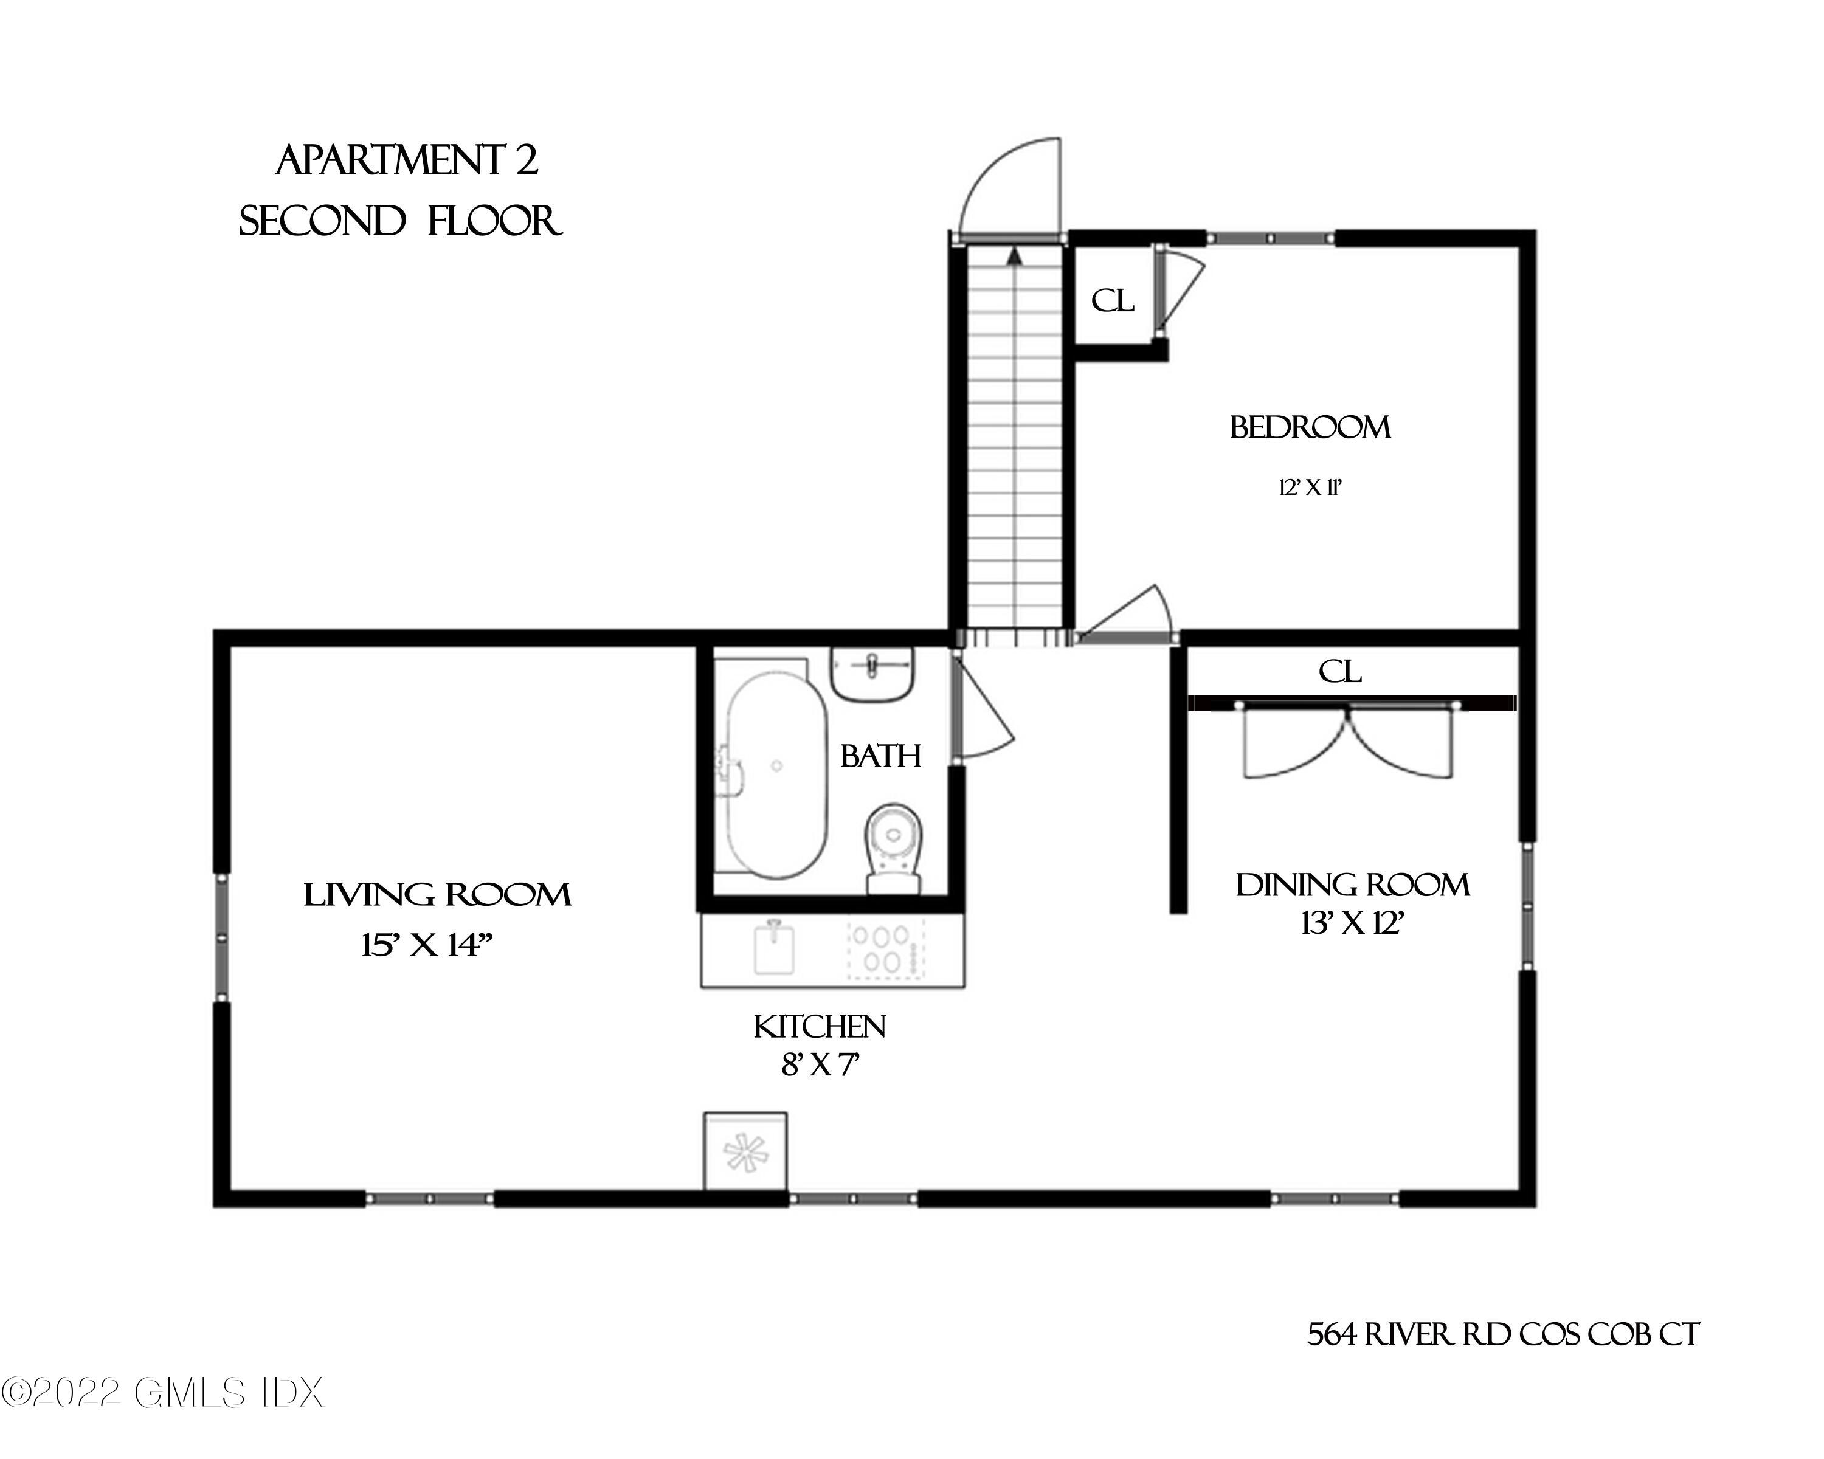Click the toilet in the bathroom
(893, 848)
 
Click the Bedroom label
(1310, 427)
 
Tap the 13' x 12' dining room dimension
(1352, 923)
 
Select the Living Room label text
(437, 894)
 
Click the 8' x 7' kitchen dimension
(820, 1064)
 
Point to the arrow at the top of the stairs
(1014, 257)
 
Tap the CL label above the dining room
(1340, 672)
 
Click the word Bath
(880, 755)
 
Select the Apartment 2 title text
(407, 160)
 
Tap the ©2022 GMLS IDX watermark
(162, 1392)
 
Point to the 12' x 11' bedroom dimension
(1310, 488)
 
